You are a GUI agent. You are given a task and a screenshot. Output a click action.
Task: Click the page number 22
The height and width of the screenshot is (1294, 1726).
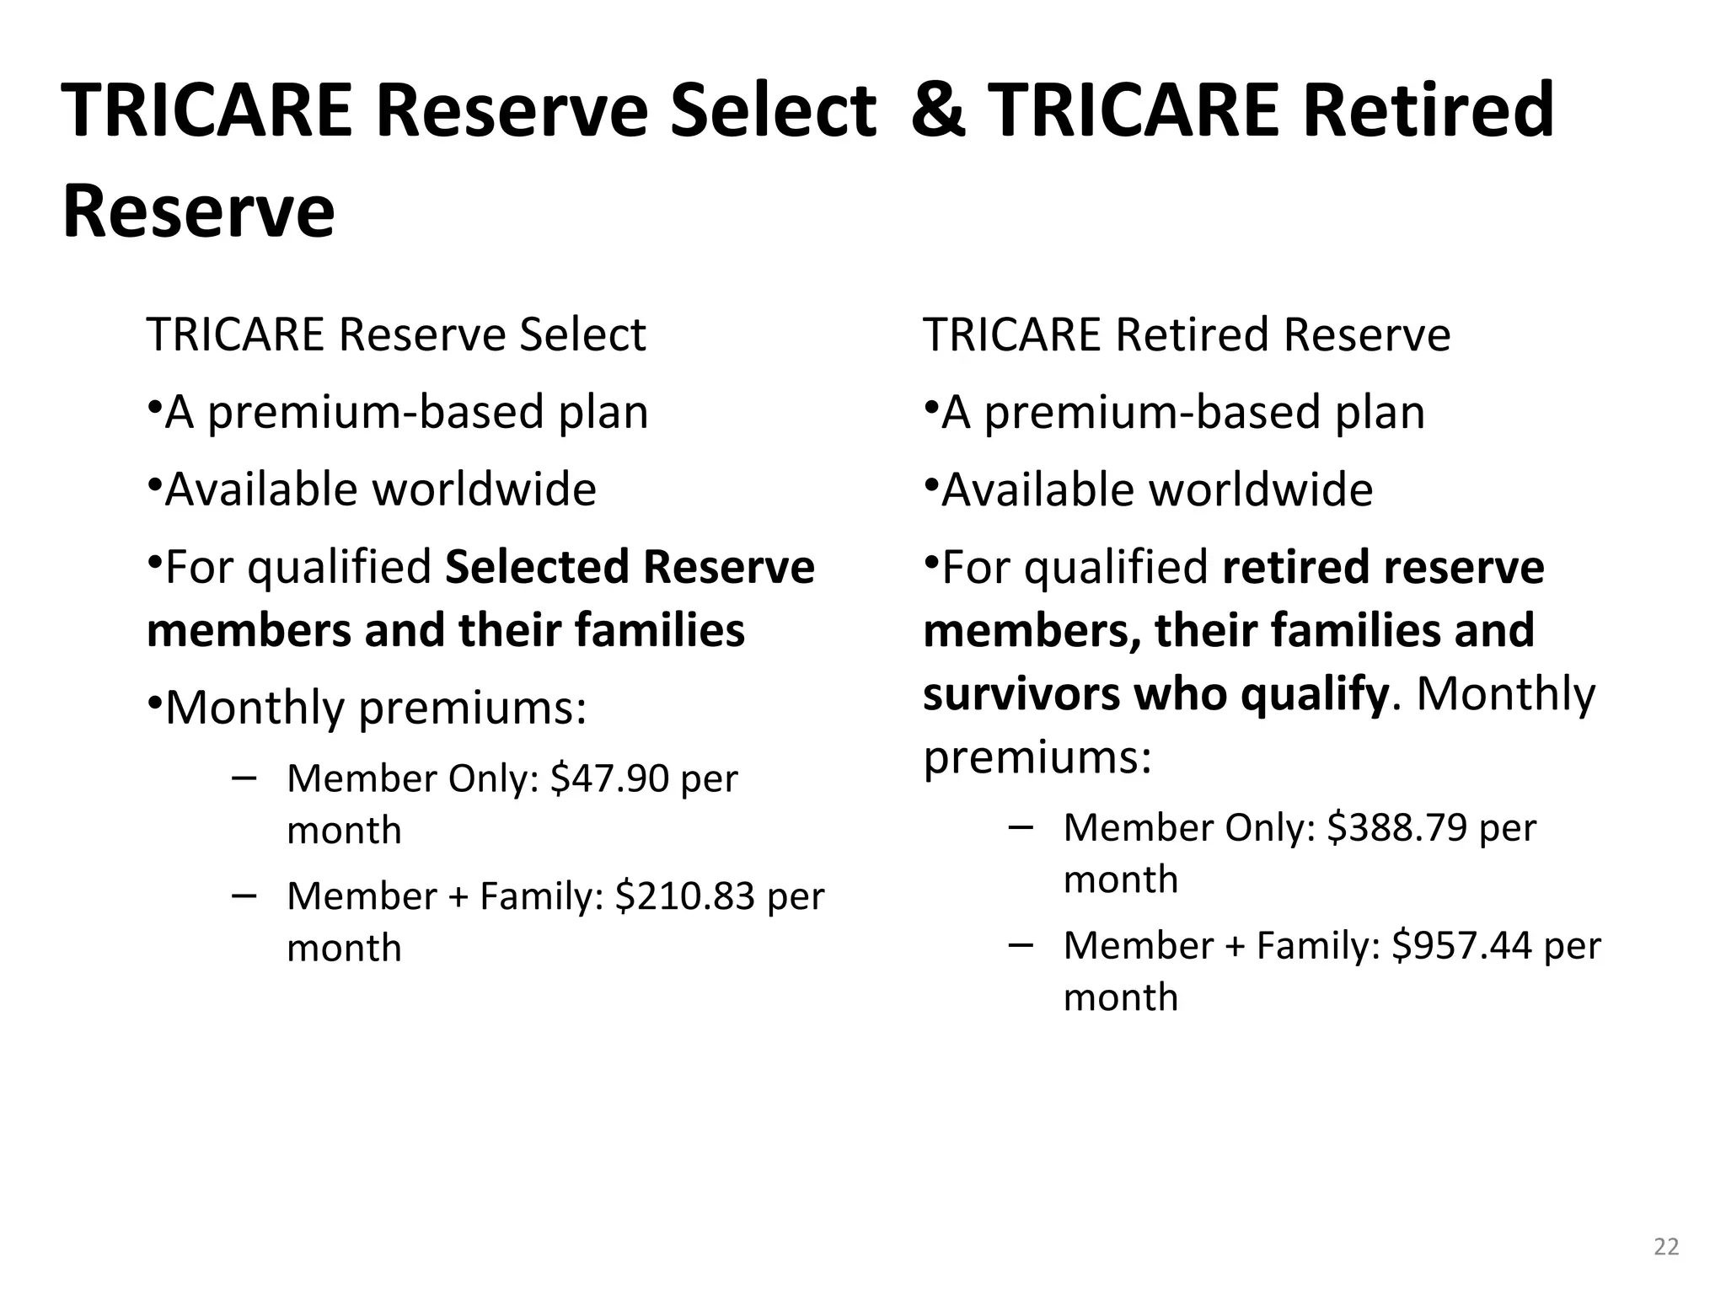coord(1666,1247)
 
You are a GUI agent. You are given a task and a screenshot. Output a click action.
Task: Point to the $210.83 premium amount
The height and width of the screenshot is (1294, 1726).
coord(684,896)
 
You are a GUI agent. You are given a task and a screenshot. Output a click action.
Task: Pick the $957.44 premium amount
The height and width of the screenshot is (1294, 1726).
coord(1461,945)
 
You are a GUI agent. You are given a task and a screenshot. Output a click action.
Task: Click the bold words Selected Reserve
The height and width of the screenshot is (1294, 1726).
coord(630,566)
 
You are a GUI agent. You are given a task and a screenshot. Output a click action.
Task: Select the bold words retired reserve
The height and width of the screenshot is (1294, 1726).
coord(1383,566)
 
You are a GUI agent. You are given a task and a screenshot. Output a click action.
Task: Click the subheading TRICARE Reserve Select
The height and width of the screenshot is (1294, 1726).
coord(396,334)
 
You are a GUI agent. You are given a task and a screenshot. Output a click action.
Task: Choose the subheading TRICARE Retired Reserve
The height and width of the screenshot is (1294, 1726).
coord(1187,334)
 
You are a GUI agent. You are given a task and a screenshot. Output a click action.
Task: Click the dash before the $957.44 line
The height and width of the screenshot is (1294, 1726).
coord(1020,944)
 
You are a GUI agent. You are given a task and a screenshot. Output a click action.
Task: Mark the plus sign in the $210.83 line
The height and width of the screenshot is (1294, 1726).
coord(458,896)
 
